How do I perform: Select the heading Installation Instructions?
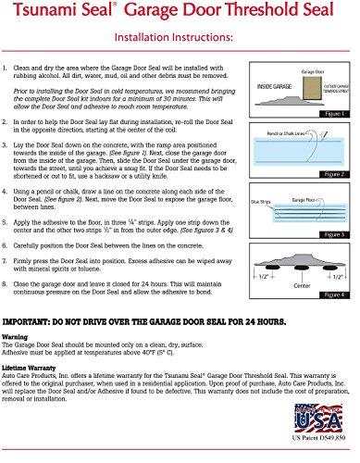(x=179, y=40)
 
